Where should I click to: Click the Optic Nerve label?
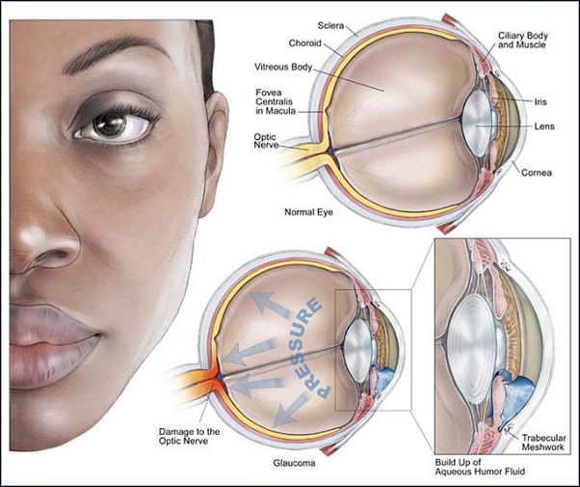point(265,141)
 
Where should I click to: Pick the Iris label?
point(540,100)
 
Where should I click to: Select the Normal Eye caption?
point(309,209)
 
